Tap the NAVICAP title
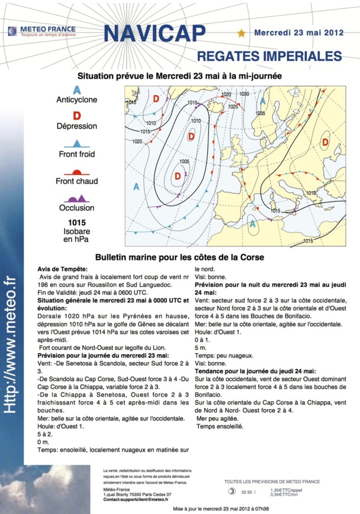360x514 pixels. click(x=155, y=33)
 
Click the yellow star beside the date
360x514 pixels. click(x=241, y=33)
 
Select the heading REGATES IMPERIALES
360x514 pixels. click(x=269, y=55)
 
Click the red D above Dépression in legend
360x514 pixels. click(x=77, y=117)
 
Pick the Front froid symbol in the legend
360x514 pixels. click(x=77, y=143)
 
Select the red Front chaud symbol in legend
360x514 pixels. click(x=76, y=171)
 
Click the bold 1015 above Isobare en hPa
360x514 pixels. click(x=77, y=223)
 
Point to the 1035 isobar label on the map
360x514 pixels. click(x=261, y=114)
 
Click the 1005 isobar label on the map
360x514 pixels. click(x=184, y=162)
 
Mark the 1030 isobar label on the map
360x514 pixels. click(x=244, y=94)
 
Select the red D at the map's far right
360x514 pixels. click(x=325, y=142)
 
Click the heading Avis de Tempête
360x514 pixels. click(x=62, y=269)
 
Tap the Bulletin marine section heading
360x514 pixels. click(x=179, y=257)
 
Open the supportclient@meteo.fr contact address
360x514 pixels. click(x=135, y=500)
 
